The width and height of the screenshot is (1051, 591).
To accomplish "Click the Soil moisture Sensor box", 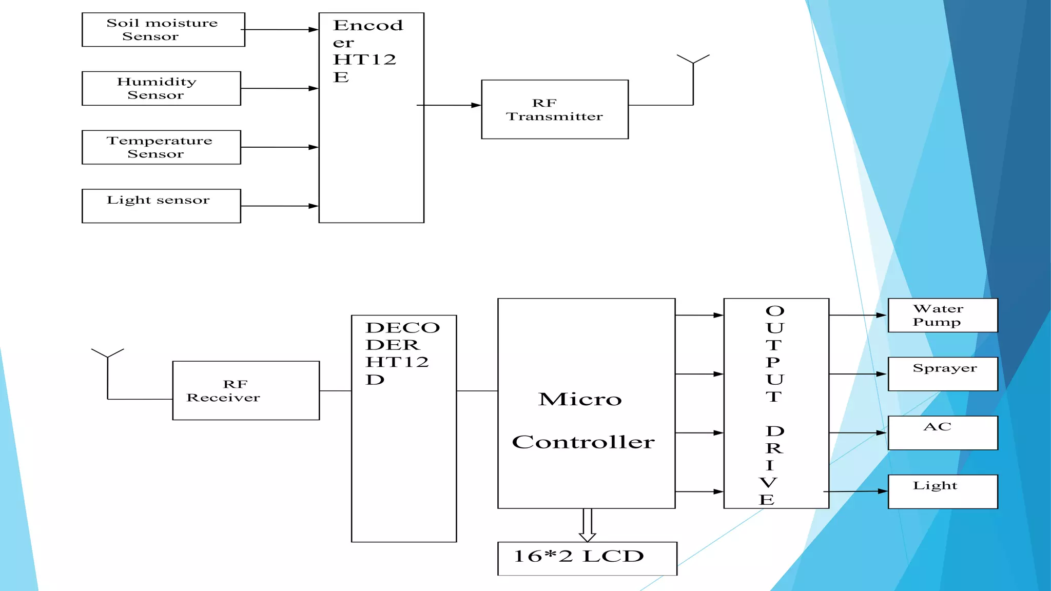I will click(163, 30).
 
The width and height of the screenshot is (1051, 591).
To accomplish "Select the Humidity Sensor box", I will click(161, 88).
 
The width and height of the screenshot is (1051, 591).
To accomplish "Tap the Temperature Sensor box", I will click(161, 147).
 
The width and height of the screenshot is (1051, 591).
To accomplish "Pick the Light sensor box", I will click(161, 206).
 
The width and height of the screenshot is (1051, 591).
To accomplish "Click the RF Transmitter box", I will click(555, 109).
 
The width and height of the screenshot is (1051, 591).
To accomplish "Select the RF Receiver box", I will click(246, 390).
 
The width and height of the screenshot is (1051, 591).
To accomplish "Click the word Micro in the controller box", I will click(580, 399).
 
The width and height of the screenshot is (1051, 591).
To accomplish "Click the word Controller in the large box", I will click(583, 442).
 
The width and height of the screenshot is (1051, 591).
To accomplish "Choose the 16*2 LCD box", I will click(587, 558).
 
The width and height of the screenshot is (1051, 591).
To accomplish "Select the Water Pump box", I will click(943, 316).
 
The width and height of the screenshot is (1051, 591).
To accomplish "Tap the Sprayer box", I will click(943, 374).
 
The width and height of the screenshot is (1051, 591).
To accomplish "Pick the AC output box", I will click(943, 433).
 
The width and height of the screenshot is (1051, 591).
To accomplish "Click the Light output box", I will click(943, 491).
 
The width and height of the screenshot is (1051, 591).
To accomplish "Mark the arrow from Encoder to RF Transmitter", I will click(450, 105).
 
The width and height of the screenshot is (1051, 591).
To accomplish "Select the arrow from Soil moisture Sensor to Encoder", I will click(280, 30).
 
